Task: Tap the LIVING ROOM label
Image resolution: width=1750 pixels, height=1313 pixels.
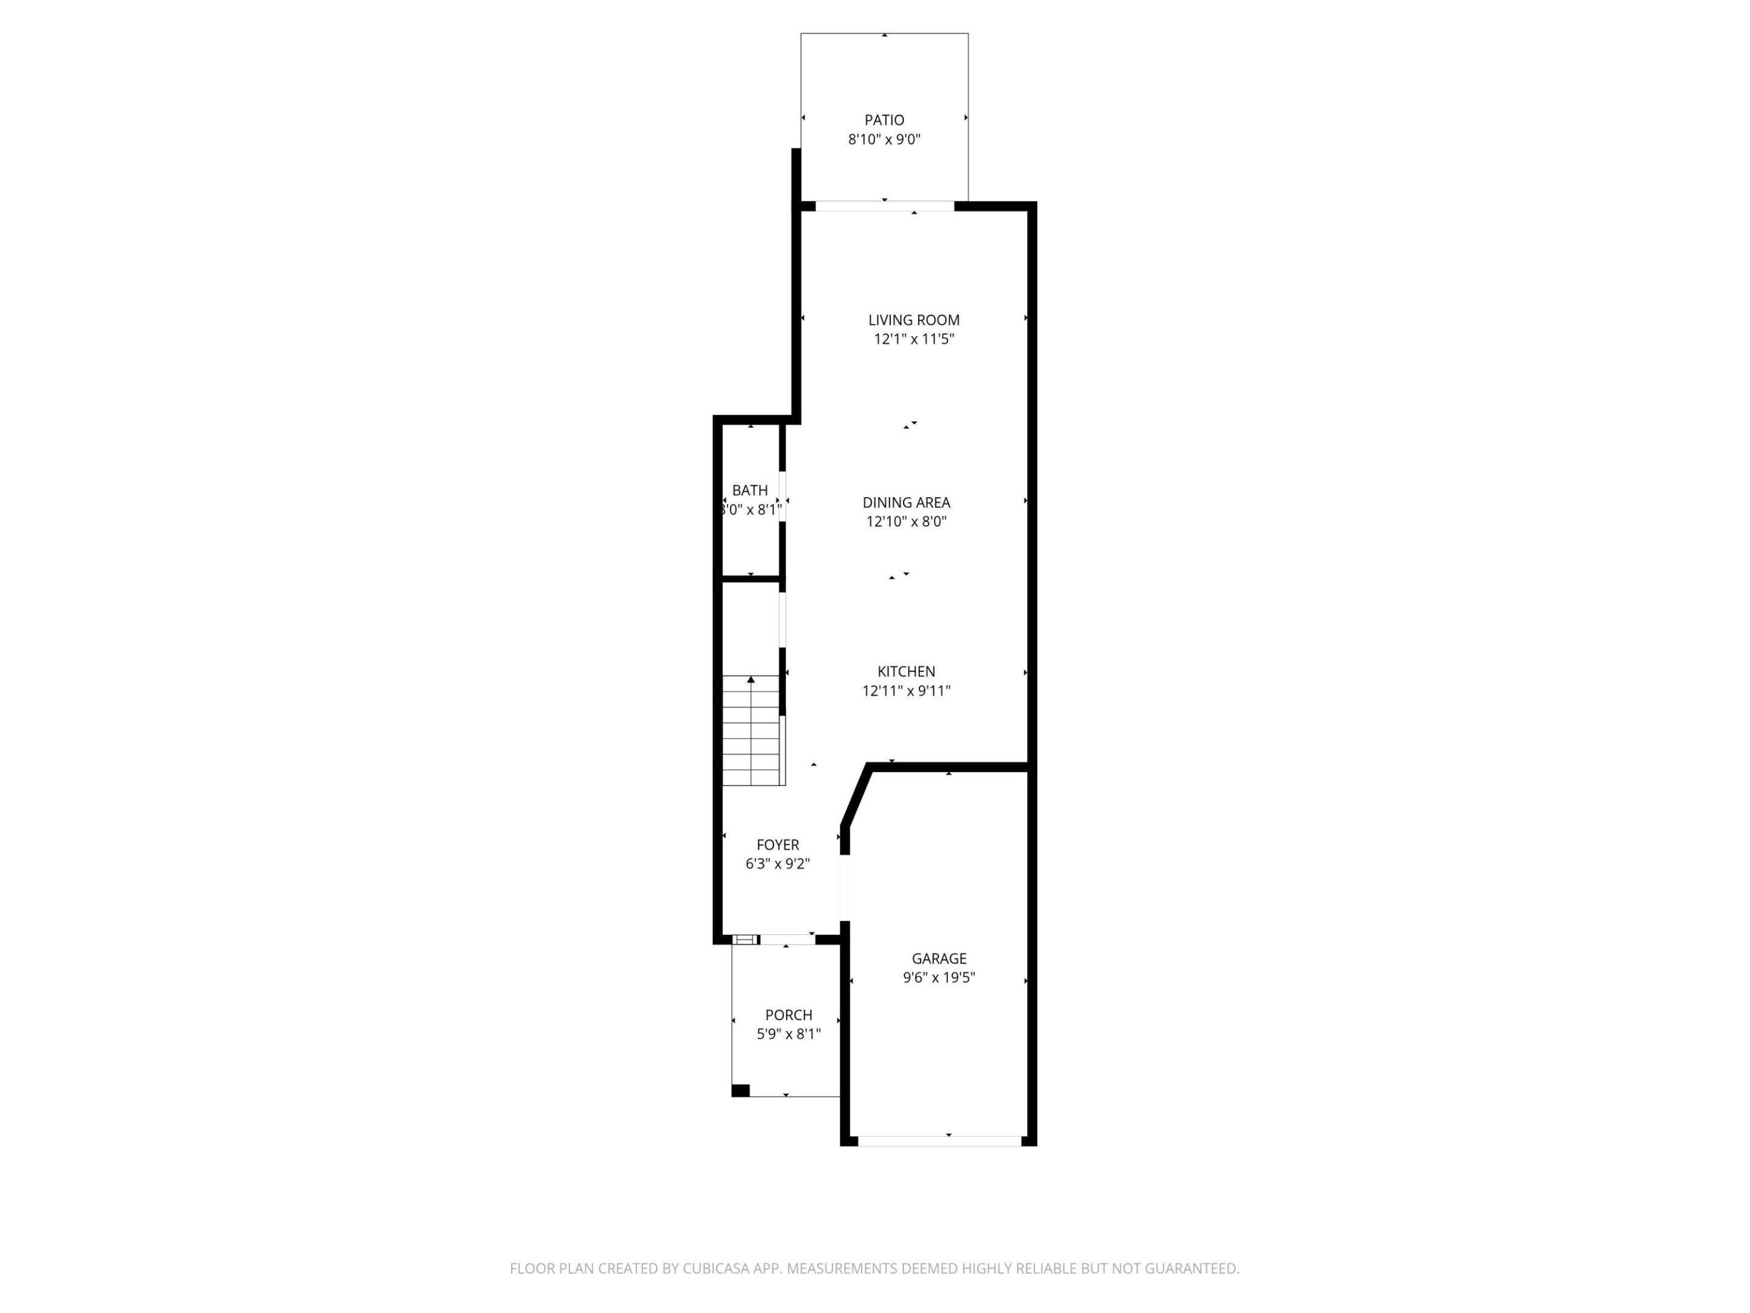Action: coord(914,320)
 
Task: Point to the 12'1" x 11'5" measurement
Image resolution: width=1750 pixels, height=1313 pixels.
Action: coord(914,340)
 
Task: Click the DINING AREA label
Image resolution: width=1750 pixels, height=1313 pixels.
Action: coord(906,503)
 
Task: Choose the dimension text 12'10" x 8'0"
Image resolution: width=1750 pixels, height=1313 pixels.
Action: coord(906,522)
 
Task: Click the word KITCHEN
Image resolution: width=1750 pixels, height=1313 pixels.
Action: coord(906,672)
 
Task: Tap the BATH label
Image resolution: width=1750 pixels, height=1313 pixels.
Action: coord(749,491)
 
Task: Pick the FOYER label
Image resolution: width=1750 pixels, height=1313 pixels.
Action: coord(778,846)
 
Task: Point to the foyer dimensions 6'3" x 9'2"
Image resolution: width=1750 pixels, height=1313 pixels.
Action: coord(778,864)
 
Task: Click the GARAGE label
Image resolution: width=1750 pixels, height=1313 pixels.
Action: coord(939,959)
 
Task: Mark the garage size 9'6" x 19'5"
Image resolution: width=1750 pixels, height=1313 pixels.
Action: coord(939,977)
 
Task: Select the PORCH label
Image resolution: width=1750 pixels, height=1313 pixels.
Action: coord(789,1015)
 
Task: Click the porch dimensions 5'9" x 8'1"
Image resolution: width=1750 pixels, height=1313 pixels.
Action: coord(789,1035)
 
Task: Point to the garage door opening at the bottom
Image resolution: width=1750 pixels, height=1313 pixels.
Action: coord(939,1141)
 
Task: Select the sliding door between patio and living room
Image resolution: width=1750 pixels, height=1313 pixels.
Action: coord(885,207)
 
